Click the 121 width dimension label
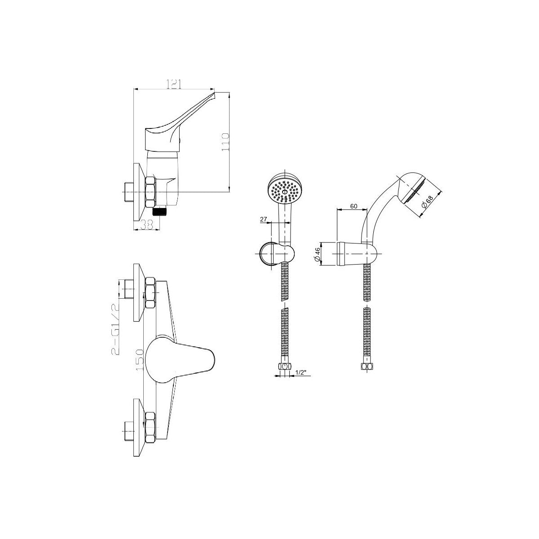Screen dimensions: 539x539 (x=174, y=84)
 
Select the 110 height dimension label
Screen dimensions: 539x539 (x=225, y=142)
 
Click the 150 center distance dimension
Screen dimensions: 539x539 (x=140, y=360)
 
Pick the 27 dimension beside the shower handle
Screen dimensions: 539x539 (x=264, y=219)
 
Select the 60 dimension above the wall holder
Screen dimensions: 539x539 (x=353, y=207)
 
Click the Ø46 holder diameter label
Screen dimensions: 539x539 (x=317, y=254)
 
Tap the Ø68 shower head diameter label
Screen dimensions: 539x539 (x=427, y=202)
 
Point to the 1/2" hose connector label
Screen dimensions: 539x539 (x=301, y=372)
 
